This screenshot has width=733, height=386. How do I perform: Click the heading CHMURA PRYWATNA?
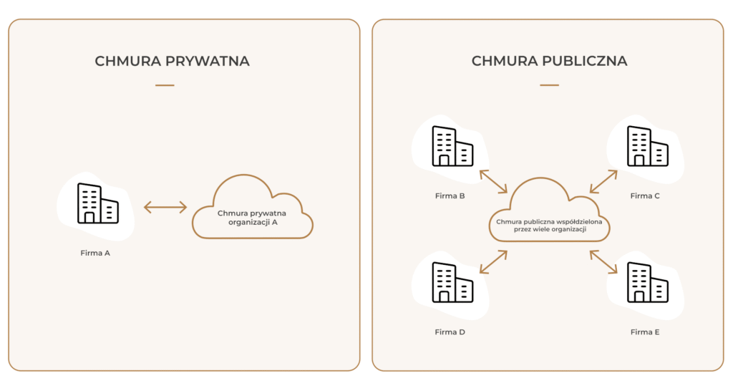(x=172, y=62)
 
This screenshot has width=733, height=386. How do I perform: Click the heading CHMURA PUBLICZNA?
(x=549, y=62)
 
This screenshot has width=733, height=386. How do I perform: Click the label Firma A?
(x=95, y=253)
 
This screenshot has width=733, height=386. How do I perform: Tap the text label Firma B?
(x=450, y=196)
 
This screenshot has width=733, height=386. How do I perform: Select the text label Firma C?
(x=645, y=196)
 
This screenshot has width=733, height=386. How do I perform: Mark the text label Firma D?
(x=450, y=332)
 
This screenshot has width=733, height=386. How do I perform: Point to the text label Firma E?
(x=645, y=332)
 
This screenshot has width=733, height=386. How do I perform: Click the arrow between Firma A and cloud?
(x=165, y=208)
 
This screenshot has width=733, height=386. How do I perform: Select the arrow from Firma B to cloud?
(x=493, y=181)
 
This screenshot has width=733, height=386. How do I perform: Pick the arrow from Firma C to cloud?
(x=603, y=181)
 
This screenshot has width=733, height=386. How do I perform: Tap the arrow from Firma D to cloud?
(x=493, y=262)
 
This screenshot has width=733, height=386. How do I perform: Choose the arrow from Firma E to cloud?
(x=603, y=262)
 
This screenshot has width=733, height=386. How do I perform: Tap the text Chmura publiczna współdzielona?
(x=549, y=222)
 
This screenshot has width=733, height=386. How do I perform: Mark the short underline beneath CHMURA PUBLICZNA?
(x=549, y=85)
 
